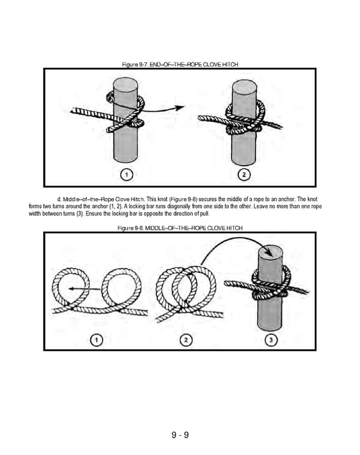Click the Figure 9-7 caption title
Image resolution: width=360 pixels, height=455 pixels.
point(180,64)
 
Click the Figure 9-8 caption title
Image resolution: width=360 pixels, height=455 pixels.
point(180,227)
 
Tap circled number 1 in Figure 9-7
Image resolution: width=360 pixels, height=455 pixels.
point(127,174)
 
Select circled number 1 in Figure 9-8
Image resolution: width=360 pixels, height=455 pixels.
point(96,340)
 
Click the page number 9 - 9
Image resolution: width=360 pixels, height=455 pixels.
point(180,435)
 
